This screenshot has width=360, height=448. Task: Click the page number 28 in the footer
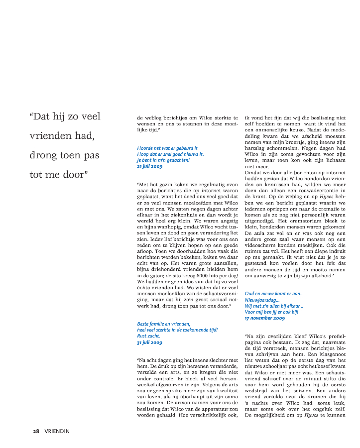(36, 431)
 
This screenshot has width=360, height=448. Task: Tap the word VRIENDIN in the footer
(57, 431)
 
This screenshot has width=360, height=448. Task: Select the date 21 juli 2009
(149, 166)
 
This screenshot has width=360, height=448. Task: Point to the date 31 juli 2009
(149, 342)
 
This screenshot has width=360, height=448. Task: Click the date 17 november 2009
(265, 318)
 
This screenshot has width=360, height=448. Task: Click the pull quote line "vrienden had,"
(62, 135)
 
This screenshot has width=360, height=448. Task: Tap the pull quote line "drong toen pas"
(65, 155)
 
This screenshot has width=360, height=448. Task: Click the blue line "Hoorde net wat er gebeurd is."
(168, 148)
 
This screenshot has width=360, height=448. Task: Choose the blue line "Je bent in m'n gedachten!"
(163, 160)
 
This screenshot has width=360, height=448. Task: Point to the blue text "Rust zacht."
(148, 336)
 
